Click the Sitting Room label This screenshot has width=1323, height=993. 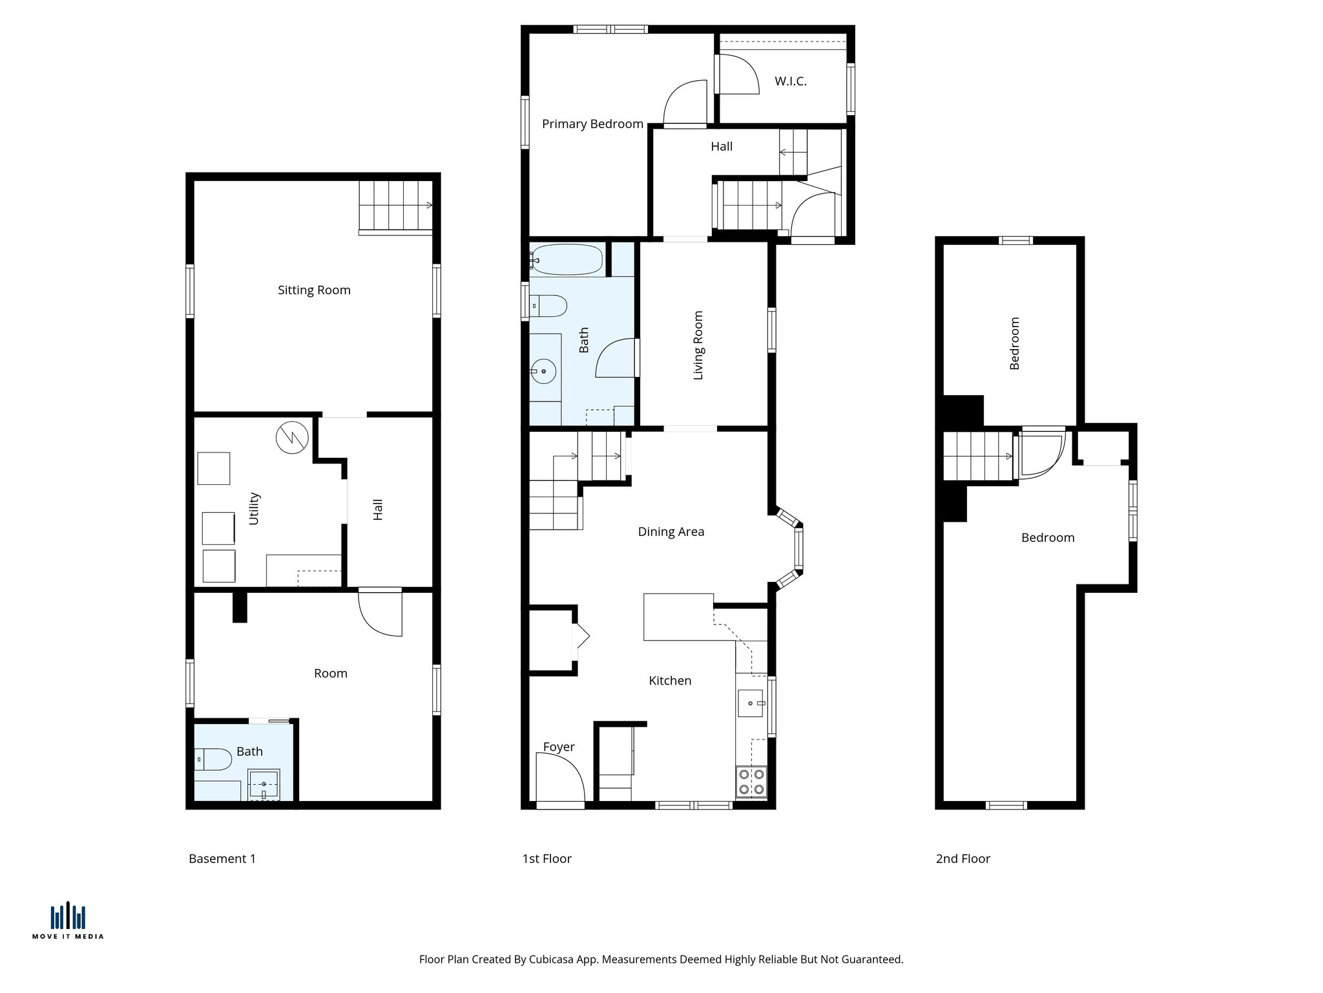(314, 290)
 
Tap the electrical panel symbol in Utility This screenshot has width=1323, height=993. (292, 438)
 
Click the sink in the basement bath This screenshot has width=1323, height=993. (264, 784)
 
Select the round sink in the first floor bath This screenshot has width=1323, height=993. (543, 371)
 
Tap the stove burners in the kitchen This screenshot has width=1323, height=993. (751, 781)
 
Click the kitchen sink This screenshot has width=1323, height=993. (751, 703)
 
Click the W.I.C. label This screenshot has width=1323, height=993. (791, 81)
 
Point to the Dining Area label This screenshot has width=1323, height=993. (671, 532)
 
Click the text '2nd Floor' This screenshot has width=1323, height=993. (963, 859)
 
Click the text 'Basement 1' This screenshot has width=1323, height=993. (222, 859)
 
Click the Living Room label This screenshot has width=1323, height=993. (698, 345)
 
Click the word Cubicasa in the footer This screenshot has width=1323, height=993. (552, 959)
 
